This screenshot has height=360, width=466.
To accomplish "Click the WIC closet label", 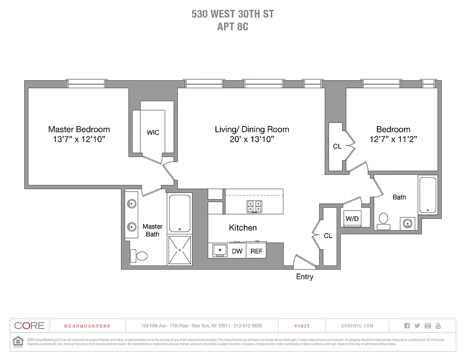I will [x=153, y=133].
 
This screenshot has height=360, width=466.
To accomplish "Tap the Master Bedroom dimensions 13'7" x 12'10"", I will [x=79, y=139].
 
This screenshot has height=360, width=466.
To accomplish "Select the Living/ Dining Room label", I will [x=252, y=130].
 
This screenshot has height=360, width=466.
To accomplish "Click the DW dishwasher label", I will [x=237, y=251].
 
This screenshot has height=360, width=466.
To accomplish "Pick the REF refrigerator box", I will [x=256, y=251].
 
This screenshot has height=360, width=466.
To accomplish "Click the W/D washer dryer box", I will [x=351, y=219].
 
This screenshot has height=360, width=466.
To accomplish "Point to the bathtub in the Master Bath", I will [x=180, y=213].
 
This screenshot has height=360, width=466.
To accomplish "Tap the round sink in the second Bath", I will [x=408, y=223].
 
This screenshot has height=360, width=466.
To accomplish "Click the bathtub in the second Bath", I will [x=427, y=195].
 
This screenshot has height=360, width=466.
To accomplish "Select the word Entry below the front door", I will [x=305, y=277].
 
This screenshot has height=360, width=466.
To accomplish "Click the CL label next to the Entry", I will [x=328, y=236].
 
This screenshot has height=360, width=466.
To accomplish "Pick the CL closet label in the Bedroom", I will [x=337, y=146].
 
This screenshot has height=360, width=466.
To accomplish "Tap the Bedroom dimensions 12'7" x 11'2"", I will [x=393, y=139].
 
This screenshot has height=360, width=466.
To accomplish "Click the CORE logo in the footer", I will [x=29, y=326].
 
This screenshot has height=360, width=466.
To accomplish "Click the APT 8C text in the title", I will [x=233, y=27].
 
